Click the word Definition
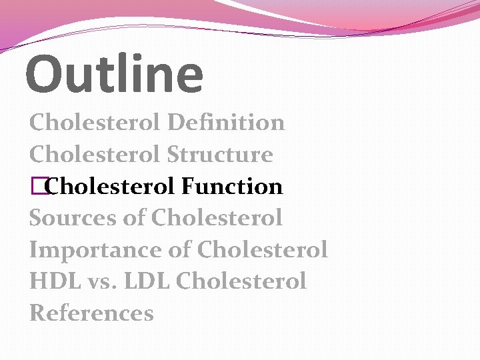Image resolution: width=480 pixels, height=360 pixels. pos(226,123)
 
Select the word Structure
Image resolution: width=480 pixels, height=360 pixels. pos(220,155)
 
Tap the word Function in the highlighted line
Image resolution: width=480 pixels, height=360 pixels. pos(232,187)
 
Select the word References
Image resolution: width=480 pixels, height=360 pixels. pos(91,313)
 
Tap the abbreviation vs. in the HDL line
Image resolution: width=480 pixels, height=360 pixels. pos(101,282)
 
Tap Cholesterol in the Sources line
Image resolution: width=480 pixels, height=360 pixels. pos(217,218)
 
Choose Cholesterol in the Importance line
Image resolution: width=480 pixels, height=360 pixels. pos(263,250)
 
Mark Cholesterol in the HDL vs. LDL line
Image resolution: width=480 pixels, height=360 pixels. pos(241,281)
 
